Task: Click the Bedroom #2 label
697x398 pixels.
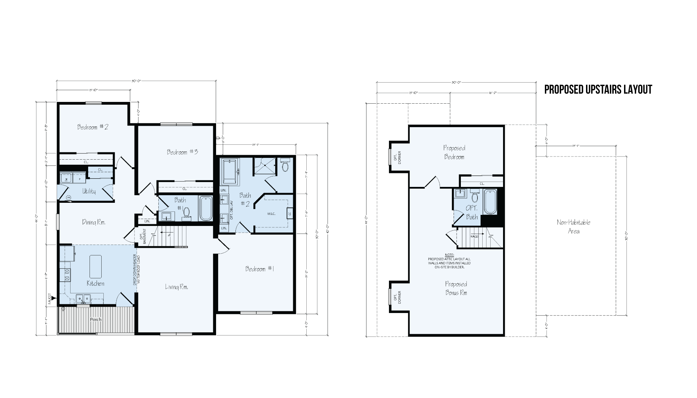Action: pyautogui.click(x=93, y=127)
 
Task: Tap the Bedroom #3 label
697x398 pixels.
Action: pyautogui.click(x=182, y=152)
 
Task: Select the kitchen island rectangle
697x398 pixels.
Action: pyautogui.click(x=95, y=266)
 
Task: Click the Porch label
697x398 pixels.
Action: pyautogui.click(x=96, y=320)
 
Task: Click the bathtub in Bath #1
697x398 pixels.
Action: pyautogui.click(x=206, y=208)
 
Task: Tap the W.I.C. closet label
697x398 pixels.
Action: pyautogui.click(x=271, y=214)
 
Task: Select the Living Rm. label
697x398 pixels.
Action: pyautogui.click(x=176, y=287)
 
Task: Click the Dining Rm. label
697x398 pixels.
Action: pyautogui.click(x=94, y=222)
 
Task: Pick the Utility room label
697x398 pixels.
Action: pyautogui.click(x=89, y=191)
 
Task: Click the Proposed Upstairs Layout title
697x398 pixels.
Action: pyautogui.click(x=598, y=89)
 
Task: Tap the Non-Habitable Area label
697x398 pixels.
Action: pyautogui.click(x=574, y=227)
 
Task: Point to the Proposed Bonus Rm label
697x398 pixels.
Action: pyautogui.click(x=456, y=288)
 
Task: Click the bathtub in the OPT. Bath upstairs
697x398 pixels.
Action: pyautogui.click(x=490, y=201)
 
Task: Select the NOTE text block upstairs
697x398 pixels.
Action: pyautogui.click(x=449, y=261)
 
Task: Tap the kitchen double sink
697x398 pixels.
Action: pyautogui.click(x=83, y=298)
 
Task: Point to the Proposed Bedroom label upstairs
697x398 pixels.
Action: pyautogui.click(x=454, y=152)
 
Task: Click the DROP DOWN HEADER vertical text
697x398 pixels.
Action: pyautogui.click(x=136, y=270)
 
